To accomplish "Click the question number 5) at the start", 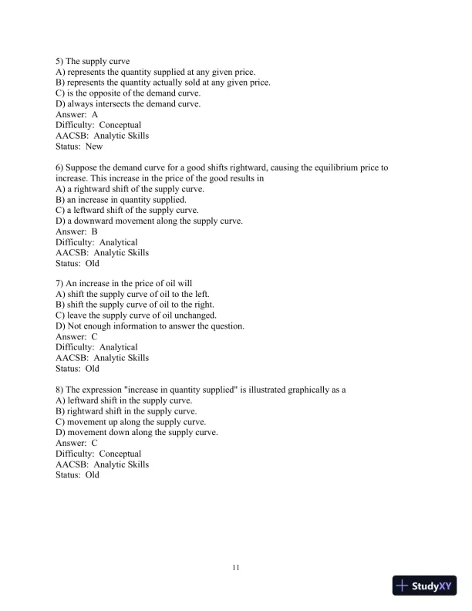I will pyautogui.click(x=62, y=61).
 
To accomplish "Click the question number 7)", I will pyautogui.click(x=62, y=283).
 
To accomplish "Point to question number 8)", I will pyautogui.click(x=62, y=390).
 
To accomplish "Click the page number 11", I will pyautogui.click(x=236, y=568).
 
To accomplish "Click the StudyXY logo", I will pyautogui.click(x=423, y=586).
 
